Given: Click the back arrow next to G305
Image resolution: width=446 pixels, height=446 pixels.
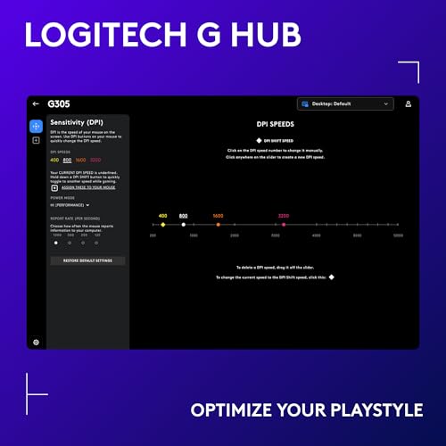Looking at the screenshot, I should tap(36, 104).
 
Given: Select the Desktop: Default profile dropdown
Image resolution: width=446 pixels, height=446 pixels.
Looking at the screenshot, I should tap(346, 104).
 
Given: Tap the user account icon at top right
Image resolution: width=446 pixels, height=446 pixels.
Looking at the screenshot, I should tap(408, 104).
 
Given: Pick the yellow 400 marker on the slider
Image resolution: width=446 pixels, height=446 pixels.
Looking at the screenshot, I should tap(162, 225).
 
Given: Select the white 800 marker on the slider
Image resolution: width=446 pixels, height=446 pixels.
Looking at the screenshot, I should tap(183, 225).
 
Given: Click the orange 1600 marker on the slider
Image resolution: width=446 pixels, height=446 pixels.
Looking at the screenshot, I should tap(218, 225).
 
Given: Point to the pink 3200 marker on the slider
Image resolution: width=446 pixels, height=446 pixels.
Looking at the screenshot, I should tap(284, 225).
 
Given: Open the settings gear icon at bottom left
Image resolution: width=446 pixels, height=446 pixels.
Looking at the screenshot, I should tap(36, 342).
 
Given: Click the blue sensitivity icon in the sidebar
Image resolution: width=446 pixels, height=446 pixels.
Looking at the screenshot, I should tap(36, 127).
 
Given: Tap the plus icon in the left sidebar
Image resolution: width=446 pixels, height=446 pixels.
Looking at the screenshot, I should tap(36, 141).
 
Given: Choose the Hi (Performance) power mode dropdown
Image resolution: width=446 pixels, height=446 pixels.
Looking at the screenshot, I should tap(70, 205).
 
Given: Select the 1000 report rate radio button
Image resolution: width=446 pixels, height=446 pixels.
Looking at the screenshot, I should tap(55, 242).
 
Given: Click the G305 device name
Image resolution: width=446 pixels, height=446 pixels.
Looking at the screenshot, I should tap(59, 104).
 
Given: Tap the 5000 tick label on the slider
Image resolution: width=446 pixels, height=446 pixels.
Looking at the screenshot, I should tap(398, 235).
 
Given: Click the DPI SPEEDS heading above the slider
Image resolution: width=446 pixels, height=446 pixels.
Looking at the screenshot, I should tap(276, 124).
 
